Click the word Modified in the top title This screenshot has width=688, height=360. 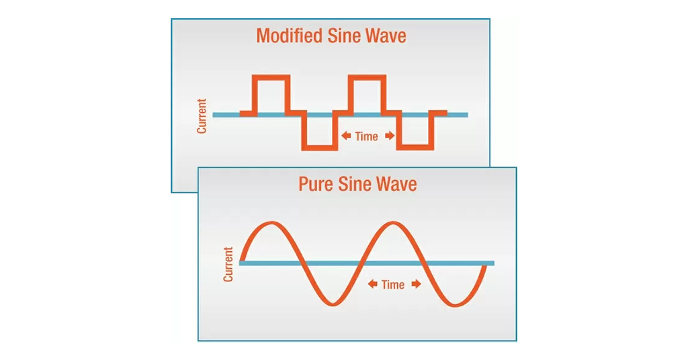tap(289, 36)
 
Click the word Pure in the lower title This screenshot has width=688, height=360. tap(317, 183)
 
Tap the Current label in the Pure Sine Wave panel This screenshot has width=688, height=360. tap(228, 264)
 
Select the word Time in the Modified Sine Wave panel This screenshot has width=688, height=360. tap(366, 136)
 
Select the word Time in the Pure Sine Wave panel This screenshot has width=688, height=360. tap(393, 284)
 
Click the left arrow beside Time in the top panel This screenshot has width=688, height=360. tap(346, 136)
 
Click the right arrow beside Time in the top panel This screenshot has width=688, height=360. tap(390, 136)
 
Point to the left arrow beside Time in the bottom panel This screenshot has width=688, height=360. tap(372, 284)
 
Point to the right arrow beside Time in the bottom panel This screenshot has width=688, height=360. tap(416, 284)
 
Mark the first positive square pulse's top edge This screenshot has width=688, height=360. tap(271, 78)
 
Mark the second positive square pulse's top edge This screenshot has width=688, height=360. tap(367, 78)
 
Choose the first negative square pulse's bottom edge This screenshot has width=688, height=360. tap(319, 146)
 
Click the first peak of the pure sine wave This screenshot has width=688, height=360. tap(271, 222)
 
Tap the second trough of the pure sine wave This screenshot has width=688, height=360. tap(453, 304)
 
